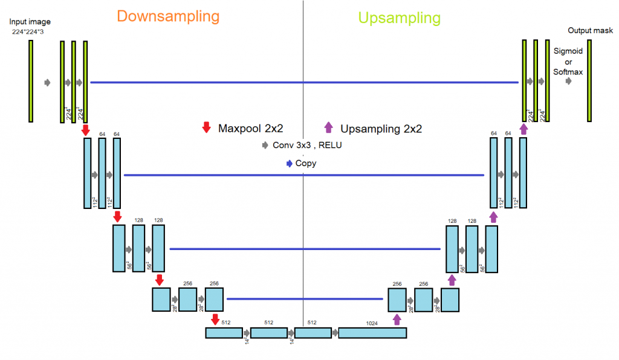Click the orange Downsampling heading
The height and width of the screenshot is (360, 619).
coord(167,16)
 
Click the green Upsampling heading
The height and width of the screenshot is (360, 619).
coord(399,18)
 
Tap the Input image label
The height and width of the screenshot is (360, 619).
coord(30,22)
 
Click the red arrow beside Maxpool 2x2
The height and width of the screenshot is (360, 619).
coord(206,127)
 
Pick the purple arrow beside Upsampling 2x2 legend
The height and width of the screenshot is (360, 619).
coord(329,127)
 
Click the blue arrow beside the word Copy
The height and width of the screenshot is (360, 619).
coord(290,163)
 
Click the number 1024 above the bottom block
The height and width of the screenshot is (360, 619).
coord(372,323)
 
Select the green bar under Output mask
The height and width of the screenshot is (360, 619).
coord(590,81)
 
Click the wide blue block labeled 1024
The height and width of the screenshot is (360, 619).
coord(372,333)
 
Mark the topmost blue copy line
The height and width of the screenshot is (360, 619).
coord(304,82)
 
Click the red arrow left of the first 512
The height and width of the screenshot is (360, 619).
coord(214,319)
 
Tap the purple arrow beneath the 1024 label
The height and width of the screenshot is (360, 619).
coord(397,319)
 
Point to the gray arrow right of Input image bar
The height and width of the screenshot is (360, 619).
coord(48,82)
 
